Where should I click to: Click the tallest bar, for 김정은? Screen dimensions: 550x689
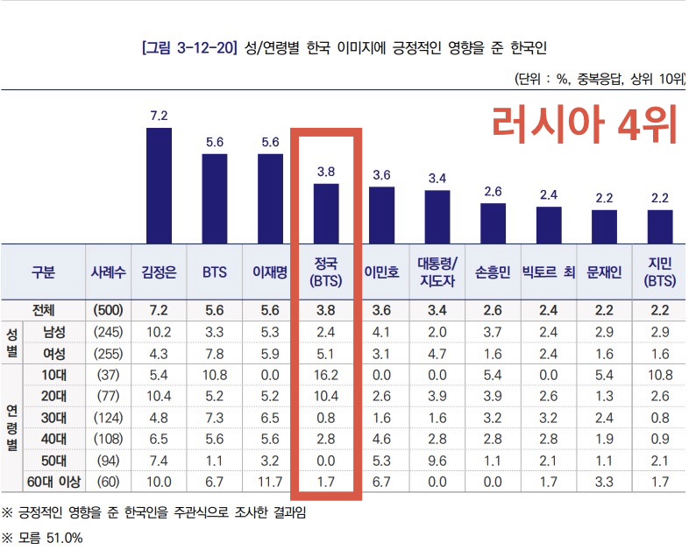click(159, 185)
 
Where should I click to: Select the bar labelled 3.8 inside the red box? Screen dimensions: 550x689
click(326, 213)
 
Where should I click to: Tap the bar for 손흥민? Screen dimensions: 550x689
click(493, 222)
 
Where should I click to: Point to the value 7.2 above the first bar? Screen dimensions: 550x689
click(159, 116)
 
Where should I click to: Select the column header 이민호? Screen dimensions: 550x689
click(381, 272)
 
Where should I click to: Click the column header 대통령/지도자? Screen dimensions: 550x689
click(437, 272)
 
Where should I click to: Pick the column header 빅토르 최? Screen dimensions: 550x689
click(548, 272)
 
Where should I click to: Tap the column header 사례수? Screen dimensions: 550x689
click(107, 272)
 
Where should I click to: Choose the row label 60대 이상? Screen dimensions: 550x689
click(53, 481)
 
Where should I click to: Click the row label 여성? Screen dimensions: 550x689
click(53, 355)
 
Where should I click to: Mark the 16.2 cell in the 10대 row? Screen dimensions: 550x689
click(326, 376)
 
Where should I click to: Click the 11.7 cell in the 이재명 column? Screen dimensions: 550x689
click(270, 481)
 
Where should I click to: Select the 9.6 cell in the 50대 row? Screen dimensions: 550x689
click(437, 460)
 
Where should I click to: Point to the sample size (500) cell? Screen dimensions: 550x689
click(107, 311)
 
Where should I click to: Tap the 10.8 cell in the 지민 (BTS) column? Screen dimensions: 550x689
click(659, 376)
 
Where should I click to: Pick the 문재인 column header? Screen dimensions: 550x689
click(604, 272)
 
